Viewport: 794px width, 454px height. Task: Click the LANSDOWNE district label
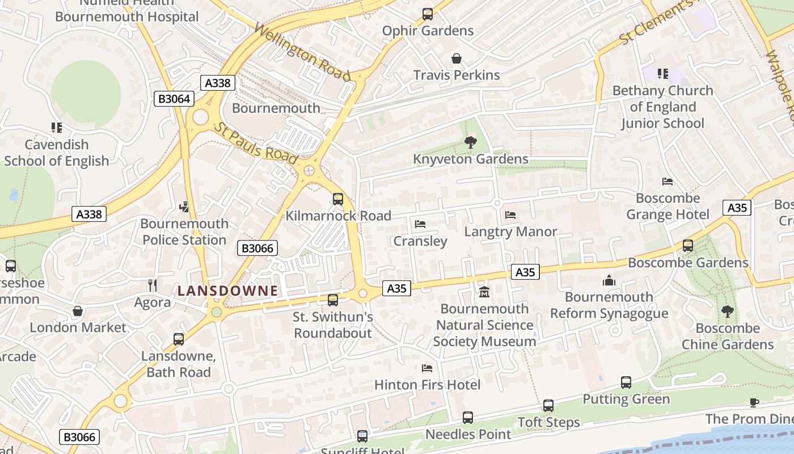point(227,291)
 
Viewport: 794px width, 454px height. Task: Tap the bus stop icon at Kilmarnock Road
point(338,199)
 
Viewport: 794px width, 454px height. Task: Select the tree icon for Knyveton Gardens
point(470,142)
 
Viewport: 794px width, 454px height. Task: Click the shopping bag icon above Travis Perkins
point(457,58)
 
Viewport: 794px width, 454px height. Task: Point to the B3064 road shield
point(174,99)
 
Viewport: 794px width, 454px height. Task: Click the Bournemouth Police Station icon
point(184,207)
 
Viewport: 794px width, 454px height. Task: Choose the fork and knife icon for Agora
point(152,285)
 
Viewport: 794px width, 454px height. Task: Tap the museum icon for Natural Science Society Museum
point(484,292)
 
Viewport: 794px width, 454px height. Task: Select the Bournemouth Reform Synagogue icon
point(609,280)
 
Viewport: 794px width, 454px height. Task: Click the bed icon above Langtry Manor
point(510,215)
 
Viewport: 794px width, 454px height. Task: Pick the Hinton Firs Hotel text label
point(427,385)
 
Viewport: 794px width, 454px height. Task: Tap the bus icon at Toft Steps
point(548,406)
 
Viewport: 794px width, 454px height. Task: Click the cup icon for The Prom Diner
point(754,402)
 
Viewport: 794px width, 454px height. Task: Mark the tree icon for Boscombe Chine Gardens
point(727,312)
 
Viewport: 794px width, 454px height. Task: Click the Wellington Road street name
point(302,52)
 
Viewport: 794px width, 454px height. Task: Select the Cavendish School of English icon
point(56,128)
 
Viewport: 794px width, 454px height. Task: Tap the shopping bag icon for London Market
point(78,311)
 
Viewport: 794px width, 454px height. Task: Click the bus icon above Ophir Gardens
point(428,14)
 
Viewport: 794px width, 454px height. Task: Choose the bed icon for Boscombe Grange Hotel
point(668,182)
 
